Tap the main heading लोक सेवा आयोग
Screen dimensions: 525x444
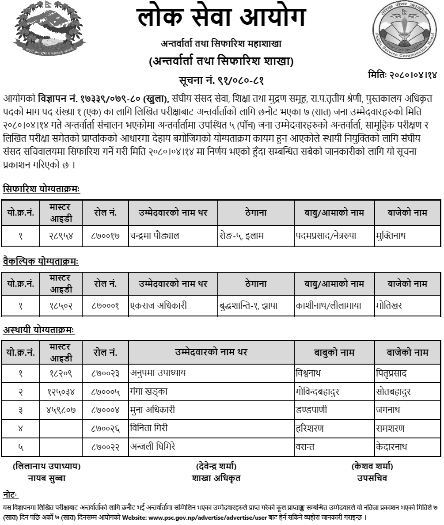click(x=221, y=18)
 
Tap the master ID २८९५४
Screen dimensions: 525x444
click(x=61, y=236)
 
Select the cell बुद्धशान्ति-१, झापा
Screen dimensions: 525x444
click(x=248, y=305)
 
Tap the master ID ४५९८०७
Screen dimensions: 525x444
click(x=61, y=410)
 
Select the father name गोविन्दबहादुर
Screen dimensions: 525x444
click(x=317, y=392)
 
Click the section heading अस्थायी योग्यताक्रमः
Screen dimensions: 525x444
click(x=38, y=330)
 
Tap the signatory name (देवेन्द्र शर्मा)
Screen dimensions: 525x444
click(x=216, y=466)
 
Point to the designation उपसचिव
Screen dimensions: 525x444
click(x=372, y=478)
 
